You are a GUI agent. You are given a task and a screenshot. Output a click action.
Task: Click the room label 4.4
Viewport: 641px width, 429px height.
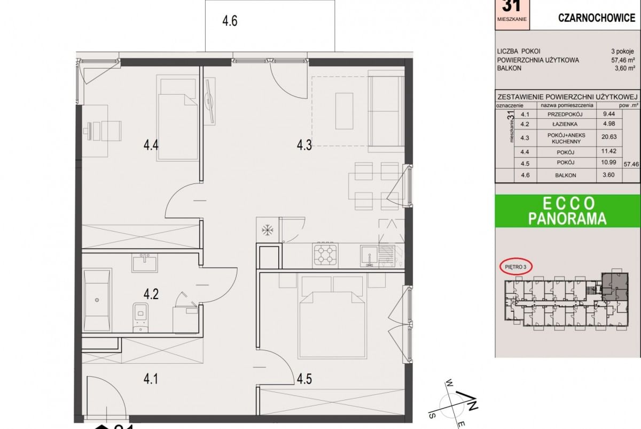[151, 145]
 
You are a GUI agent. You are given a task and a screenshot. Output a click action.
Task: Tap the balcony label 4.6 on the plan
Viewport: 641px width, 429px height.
[230, 21]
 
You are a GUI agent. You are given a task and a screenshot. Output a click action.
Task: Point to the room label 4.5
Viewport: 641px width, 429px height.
[304, 379]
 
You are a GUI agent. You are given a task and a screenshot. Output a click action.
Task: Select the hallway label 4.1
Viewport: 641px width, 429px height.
[151, 379]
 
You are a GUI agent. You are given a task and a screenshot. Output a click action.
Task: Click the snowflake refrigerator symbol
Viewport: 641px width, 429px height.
[267, 230]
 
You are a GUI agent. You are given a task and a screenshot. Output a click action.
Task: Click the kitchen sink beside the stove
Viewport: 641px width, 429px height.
[370, 256]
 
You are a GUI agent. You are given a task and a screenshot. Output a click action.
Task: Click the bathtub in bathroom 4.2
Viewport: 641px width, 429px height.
[97, 300]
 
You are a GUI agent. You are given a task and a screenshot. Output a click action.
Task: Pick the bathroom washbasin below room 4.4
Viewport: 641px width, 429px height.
[145, 263]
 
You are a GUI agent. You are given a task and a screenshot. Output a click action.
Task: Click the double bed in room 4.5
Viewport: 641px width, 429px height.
[332, 316]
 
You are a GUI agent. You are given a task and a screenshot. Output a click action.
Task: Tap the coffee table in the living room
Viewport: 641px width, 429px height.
[344, 111]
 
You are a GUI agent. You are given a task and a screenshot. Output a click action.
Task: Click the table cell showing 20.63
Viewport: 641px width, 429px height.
[609, 137]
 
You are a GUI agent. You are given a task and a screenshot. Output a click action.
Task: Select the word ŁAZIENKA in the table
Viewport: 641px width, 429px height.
[565, 125]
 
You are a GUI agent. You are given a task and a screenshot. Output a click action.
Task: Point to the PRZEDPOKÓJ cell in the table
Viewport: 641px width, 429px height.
[565, 114]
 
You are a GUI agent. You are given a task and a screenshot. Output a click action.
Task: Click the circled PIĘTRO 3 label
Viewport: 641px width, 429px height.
[515, 267]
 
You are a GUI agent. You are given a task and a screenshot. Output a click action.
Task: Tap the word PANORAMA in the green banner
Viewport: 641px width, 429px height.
[567, 219]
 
